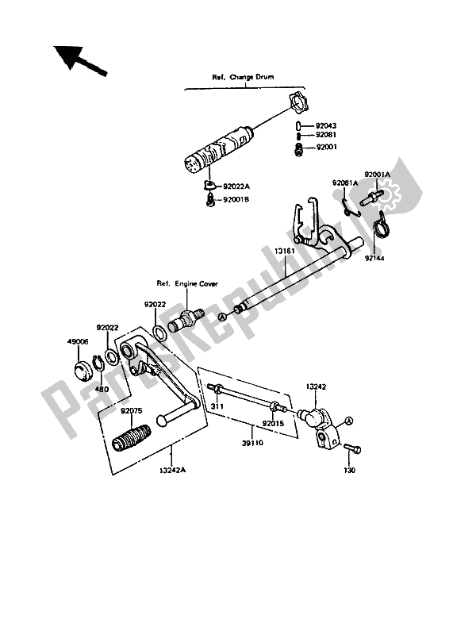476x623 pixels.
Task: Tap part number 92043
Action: point(327,125)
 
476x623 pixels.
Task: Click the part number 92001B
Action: point(236,200)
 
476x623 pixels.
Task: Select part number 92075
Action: point(132,411)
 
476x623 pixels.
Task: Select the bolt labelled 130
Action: point(351,449)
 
